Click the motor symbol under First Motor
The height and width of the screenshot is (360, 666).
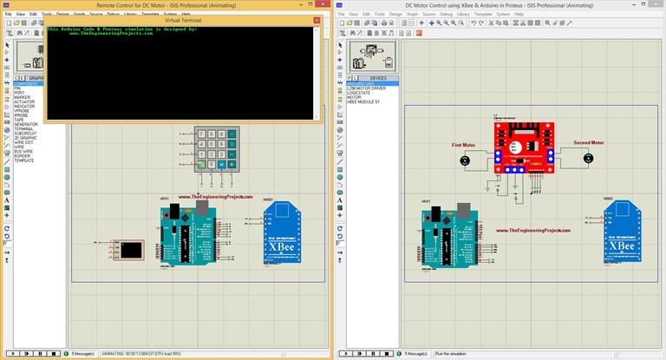(x=465, y=160)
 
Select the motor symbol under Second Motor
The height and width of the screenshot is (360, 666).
(x=590, y=159)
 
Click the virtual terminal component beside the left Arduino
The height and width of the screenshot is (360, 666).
(x=133, y=251)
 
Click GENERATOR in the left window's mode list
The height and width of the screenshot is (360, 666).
(x=27, y=124)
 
